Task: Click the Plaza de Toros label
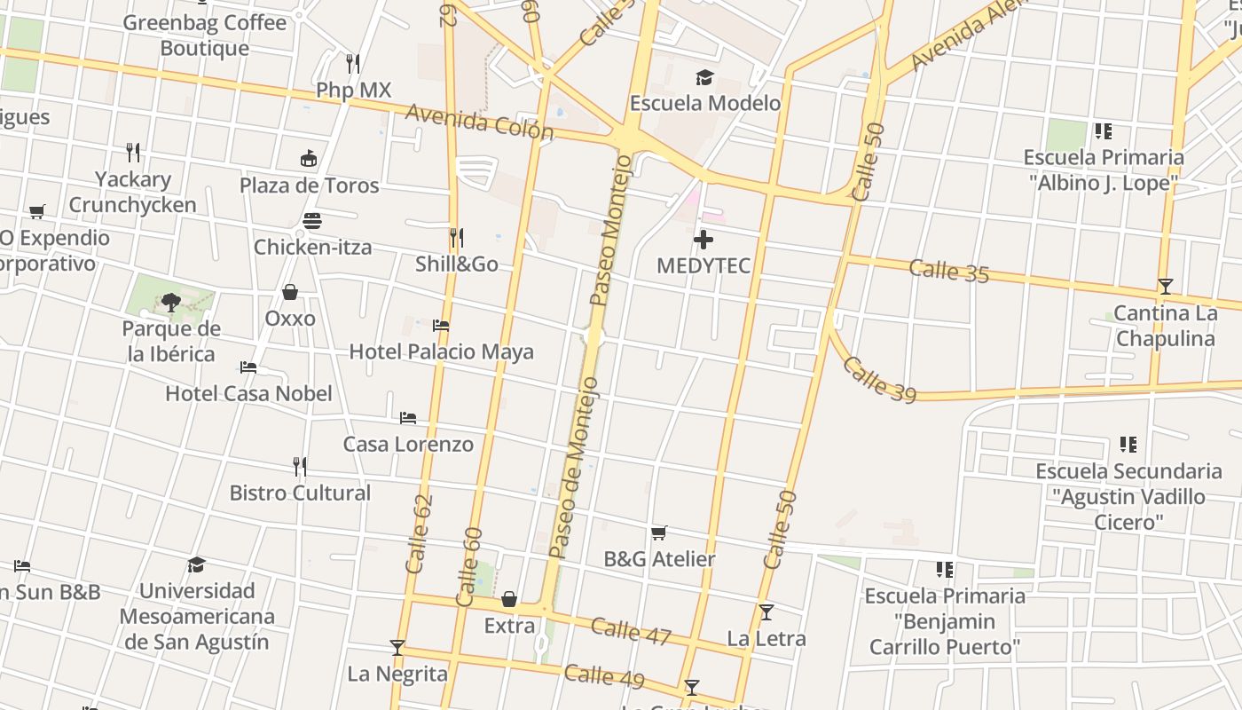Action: click(x=309, y=185)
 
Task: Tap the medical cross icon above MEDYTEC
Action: click(x=703, y=240)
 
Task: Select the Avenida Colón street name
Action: click(x=480, y=122)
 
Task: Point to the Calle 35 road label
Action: click(x=949, y=271)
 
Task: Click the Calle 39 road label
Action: click(x=878, y=380)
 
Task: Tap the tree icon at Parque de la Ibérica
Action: click(x=171, y=303)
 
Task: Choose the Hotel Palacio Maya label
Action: click(x=441, y=351)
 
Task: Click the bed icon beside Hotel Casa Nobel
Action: click(x=248, y=367)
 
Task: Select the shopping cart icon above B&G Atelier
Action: click(x=658, y=532)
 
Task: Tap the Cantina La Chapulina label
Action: click(x=1165, y=326)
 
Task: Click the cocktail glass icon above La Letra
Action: click(x=766, y=612)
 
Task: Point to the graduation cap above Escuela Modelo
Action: click(x=704, y=78)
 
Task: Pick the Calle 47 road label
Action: click(x=631, y=631)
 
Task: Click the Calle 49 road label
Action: click(x=604, y=676)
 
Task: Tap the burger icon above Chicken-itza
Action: click(x=311, y=220)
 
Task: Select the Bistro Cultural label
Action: click(x=300, y=493)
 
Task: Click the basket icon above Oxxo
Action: click(x=290, y=292)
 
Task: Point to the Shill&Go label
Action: click(x=457, y=264)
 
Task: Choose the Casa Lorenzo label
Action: click(x=408, y=444)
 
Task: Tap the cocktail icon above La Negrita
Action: click(x=397, y=648)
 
